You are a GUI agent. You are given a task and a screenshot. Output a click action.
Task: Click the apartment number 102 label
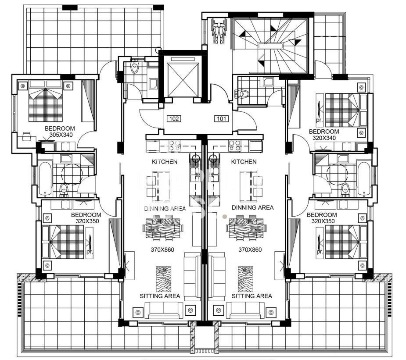pos(174,119)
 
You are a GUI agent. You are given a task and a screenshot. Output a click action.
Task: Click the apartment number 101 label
pos(221,119)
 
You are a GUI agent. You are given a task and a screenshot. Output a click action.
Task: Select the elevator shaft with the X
pos(183,77)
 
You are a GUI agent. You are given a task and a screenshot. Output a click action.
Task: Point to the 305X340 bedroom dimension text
pos(61,135)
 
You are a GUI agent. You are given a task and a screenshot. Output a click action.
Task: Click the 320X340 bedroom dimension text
pos(324,138)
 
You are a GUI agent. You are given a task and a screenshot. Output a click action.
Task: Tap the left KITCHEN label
pos(165,162)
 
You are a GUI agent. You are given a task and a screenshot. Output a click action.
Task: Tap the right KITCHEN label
pos(244,162)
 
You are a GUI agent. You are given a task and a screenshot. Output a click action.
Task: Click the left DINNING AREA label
pos(165,208)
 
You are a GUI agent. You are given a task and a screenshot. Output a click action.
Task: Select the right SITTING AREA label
pos(252,296)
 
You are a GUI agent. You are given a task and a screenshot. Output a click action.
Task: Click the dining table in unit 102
pos(163,228)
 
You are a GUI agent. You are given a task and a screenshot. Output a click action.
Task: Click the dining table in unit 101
pos(246,228)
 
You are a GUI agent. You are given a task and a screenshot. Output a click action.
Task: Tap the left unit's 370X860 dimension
pos(162,250)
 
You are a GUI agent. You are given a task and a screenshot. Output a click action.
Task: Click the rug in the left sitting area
pos(163,279)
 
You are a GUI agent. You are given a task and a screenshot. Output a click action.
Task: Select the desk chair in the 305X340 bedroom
pos(26,136)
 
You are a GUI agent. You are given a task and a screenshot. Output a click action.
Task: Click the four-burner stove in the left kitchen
pos(174,146)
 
